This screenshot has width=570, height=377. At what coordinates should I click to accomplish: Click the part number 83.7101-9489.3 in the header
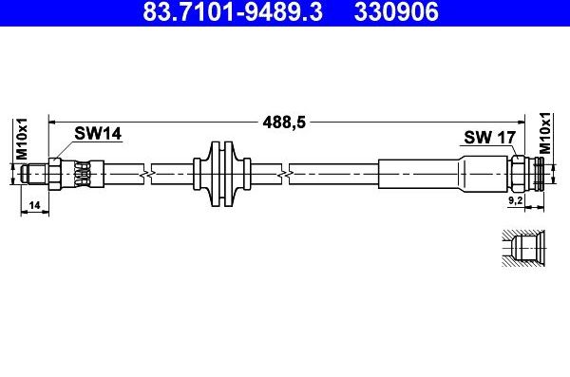pos(233,11)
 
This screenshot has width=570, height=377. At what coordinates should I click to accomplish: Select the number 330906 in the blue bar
pos(396,11)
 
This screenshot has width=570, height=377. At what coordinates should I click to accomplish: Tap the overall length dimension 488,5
pos(284,123)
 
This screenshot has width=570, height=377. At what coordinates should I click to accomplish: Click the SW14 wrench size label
pos(98,134)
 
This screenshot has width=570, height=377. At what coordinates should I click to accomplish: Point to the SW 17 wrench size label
pos(489,138)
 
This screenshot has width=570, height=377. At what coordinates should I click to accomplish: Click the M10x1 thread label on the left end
pos(22,140)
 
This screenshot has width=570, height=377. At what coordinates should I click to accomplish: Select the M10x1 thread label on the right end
pos(545,133)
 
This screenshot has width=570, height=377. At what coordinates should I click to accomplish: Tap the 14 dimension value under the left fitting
pos(34,205)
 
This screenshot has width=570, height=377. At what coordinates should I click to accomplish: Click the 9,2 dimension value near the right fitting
pos(515,199)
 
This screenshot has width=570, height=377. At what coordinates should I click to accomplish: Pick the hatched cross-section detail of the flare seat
pos(523,249)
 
